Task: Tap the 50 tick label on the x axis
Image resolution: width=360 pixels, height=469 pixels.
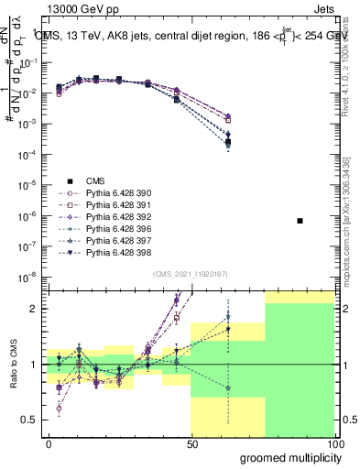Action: [x=191, y=442]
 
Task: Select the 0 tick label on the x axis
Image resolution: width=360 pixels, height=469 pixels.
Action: [x=49, y=442]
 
